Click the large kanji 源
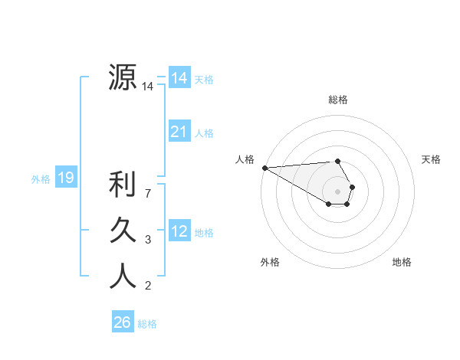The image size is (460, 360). pyautogui.click(x=123, y=77)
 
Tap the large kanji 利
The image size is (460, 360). pyautogui.click(x=123, y=185)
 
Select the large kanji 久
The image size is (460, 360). pyautogui.click(x=123, y=230)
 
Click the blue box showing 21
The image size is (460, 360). pyautogui.click(x=179, y=132)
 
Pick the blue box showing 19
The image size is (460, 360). pyautogui.click(x=65, y=178)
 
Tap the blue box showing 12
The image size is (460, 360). pyautogui.click(x=179, y=231)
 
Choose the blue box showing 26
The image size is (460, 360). pyautogui.click(x=123, y=322)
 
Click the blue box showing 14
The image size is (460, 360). pyautogui.click(x=179, y=77)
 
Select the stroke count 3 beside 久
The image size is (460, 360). pyautogui.click(x=148, y=240)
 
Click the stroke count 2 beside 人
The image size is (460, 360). pyautogui.click(x=148, y=286)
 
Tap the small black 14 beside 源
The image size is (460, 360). pyautogui.click(x=148, y=87)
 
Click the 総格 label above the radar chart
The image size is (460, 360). pyautogui.click(x=338, y=100)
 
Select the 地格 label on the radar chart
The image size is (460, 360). pyautogui.click(x=402, y=262)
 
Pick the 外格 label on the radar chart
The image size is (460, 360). pyautogui.click(x=270, y=262)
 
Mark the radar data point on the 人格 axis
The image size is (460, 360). pyautogui.click(x=264, y=168)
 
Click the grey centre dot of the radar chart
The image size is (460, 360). pyautogui.click(x=338, y=191)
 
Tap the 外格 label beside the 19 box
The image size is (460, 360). pyautogui.click(x=40, y=179)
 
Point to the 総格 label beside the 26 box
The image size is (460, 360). pyautogui.click(x=147, y=324)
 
